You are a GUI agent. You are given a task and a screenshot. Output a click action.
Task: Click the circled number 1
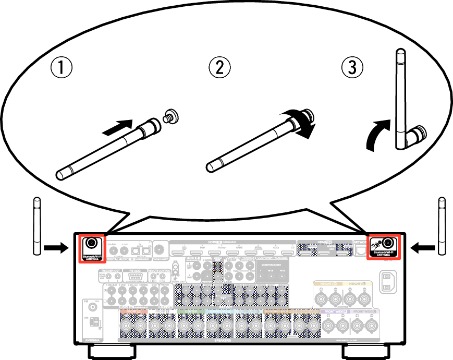pos(61,67)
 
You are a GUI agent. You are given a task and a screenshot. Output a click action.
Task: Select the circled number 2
pos(219,67)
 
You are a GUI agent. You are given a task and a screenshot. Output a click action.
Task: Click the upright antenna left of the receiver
pos(36,226)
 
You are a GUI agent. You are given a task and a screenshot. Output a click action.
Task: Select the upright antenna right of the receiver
pos(442,226)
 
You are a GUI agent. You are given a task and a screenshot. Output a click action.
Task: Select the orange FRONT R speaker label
pos(134,311)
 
